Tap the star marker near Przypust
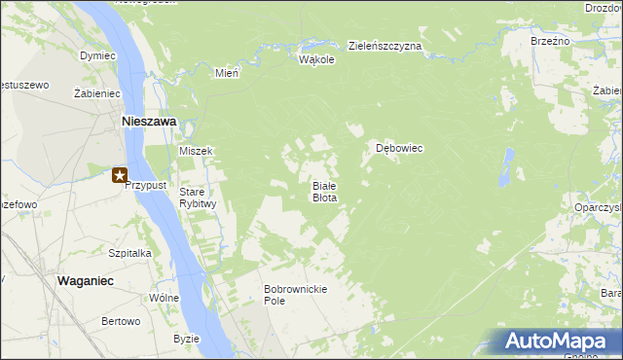coord(119,176)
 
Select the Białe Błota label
coord(324,191)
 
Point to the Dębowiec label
coord(399,149)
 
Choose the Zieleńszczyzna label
coord(385,46)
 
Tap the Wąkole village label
coord(316,59)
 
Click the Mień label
coord(227,73)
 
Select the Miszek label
coord(196,152)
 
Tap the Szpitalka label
coord(129,252)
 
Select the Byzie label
coord(186,339)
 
